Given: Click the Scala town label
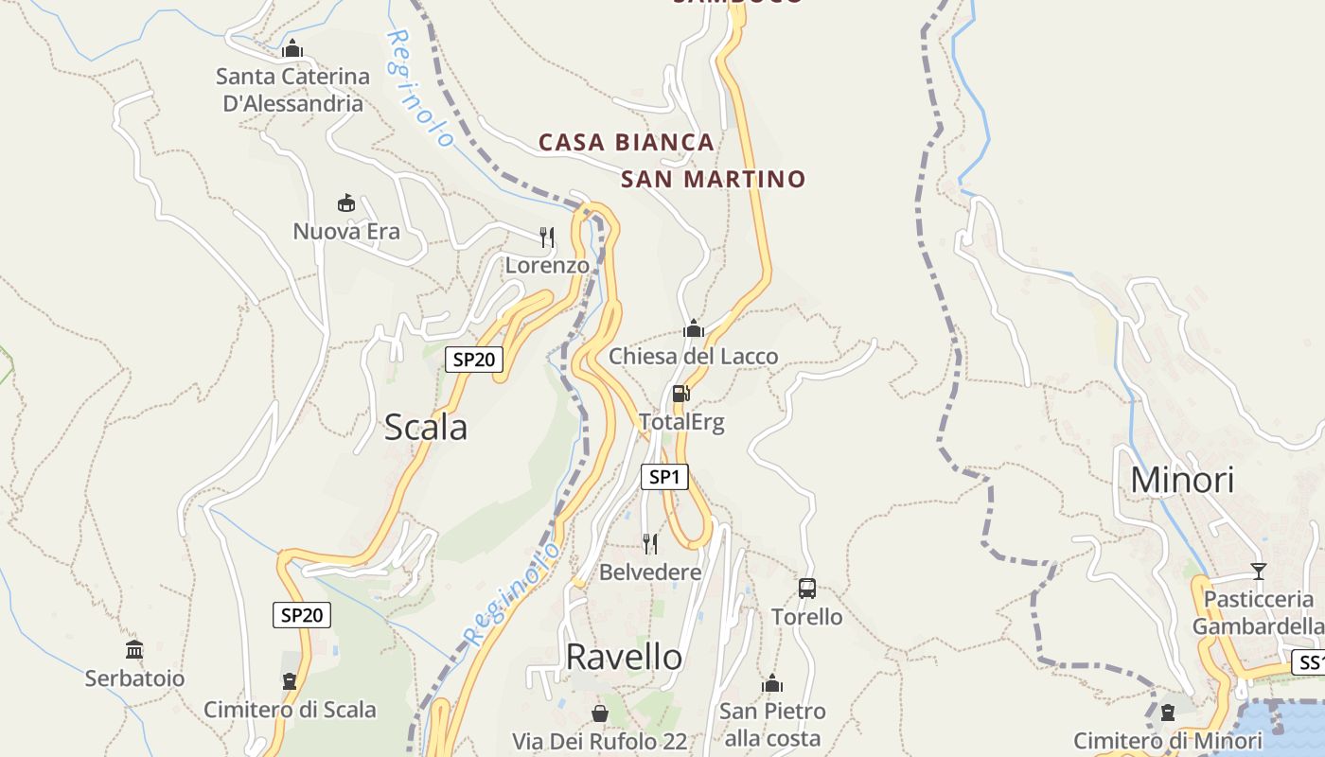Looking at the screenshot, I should (425, 428).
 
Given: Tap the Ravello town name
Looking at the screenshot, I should (624, 657).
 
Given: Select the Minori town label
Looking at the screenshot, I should (1182, 481).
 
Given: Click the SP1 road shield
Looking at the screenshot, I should (664, 477).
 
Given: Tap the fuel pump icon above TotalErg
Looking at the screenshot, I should (680, 394).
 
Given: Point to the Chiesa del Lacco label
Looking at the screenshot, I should (693, 357).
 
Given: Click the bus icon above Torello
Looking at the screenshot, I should (806, 589).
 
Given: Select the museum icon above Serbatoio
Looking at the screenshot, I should (134, 650).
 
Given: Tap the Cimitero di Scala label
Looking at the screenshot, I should (290, 710).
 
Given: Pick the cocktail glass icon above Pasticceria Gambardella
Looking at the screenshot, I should (1258, 571).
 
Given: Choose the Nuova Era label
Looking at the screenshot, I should (346, 232).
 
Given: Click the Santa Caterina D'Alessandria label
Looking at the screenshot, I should (292, 90).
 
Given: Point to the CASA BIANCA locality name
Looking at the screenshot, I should (626, 143).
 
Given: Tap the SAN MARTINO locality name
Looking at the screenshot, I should (713, 179).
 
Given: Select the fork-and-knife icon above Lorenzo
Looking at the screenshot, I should (546, 237).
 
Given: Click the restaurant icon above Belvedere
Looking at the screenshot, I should (649, 543).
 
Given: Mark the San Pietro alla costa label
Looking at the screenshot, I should (772, 724).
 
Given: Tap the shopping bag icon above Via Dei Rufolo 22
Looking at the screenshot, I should (599, 713).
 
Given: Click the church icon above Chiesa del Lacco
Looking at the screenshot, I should (694, 328).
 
